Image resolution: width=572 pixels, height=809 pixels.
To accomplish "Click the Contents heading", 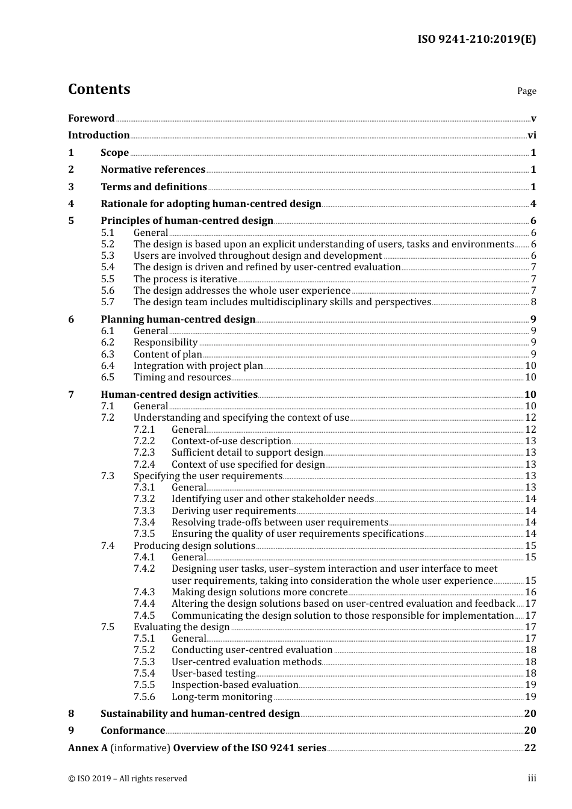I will [x=99, y=89].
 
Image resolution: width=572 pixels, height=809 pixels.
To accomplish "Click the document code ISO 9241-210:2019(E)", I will [x=476, y=40].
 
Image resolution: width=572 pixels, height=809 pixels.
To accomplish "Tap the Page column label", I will [x=526, y=91].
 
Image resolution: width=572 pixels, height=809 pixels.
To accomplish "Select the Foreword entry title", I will [x=91, y=119].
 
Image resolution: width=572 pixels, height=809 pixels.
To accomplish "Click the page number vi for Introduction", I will [x=532, y=135].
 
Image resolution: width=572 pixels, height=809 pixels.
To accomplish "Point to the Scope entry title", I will [x=114, y=153].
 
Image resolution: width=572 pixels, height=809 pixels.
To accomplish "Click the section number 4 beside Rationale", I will [x=71, y=204].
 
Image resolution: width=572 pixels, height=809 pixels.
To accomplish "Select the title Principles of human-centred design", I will [x=187, y=221].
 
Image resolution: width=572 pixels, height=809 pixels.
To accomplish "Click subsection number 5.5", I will [x=107, y=279].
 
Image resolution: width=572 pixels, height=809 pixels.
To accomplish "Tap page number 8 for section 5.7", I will [x=533, y=302].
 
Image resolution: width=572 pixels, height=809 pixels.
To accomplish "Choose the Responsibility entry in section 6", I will [x=166, y=343].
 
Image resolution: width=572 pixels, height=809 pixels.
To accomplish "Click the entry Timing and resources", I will [x=182, y=377].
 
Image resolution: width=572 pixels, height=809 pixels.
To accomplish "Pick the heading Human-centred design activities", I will [x=179, y=395].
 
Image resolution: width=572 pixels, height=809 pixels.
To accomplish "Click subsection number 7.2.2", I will [x=144, y=441].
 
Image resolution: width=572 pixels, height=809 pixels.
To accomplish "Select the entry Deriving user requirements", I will [x=233, y=511].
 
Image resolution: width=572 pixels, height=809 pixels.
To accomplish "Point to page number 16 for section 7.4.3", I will [x=530, y=592].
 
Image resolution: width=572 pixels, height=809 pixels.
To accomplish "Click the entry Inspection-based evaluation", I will [x=235, y=685].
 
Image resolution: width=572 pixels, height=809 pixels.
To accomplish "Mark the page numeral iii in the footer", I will [x=532, y=778].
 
